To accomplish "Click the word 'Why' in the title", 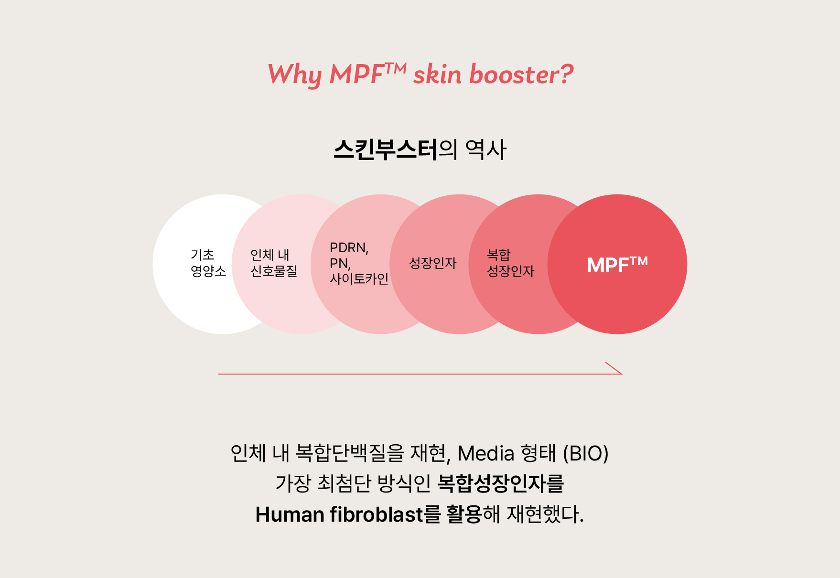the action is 295,75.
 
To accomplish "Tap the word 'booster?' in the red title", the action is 521,75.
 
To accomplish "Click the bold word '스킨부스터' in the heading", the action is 385,150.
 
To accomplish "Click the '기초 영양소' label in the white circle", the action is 208,263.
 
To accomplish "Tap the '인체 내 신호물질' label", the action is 274,263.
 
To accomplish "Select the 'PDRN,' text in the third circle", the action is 349,248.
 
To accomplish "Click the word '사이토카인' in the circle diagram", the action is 359,278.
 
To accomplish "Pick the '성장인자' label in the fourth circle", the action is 433,263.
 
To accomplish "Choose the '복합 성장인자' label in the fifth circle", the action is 510,263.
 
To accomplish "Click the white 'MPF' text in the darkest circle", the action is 608,266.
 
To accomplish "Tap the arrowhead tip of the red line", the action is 622,374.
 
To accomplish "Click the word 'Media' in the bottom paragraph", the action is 486,453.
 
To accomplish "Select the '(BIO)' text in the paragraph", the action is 586,453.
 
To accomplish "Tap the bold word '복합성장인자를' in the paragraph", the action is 501,484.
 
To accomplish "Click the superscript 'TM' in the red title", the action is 396,69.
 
